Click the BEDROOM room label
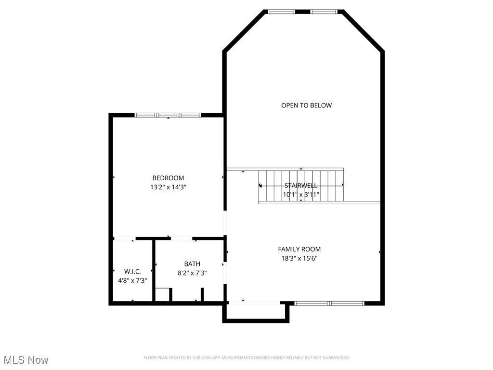point(168,178)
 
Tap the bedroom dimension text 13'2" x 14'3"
point(168,187)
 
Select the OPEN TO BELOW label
point(306,106)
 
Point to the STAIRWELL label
point(301,185)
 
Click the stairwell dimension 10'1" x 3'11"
point(301,195)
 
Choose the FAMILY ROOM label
point(299,249)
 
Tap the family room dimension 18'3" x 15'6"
point(299,258)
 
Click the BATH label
point(192,264)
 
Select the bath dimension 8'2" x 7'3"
point(192,273)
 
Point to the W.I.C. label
point(132,271)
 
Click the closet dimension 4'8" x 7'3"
point(132,280)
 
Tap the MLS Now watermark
point(26,360)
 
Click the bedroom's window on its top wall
point(168,115)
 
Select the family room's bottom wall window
point(329,303)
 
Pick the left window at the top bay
point(281,12)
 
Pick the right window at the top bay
point(324,12)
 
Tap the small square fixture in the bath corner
point(162,295)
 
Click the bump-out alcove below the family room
point(256,312)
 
